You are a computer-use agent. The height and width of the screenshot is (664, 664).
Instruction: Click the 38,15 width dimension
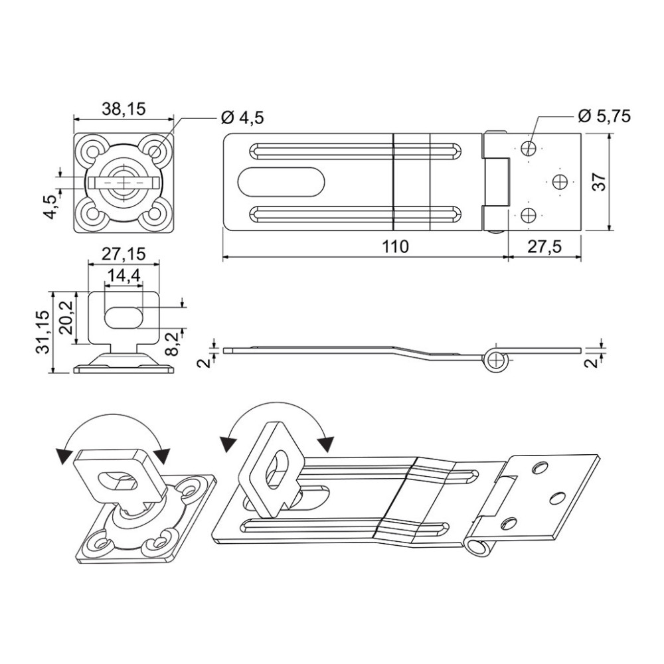(124, 110)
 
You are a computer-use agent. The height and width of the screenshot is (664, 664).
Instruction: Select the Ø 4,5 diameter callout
(242, 118)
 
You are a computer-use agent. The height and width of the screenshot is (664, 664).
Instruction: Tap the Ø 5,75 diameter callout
(604, 116)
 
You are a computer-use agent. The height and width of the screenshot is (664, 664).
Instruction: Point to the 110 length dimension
(395, 246)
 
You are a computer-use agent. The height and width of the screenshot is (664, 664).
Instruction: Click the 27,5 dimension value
(544, 246)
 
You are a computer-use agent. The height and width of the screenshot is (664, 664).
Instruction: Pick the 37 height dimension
(600, 182)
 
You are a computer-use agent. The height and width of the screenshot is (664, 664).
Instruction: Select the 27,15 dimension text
(124, 254)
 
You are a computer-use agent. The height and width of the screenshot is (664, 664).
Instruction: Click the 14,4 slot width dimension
(124, 276)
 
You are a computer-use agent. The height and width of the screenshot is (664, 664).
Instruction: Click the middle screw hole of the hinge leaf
(560, 182)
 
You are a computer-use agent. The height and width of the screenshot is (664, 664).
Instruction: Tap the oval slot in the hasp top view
(281, 182)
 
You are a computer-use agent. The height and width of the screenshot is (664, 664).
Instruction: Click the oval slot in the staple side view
(123, 317)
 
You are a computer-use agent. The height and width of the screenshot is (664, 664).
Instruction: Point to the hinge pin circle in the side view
(495, 360)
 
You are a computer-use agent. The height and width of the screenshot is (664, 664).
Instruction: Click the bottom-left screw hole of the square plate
(90, 213)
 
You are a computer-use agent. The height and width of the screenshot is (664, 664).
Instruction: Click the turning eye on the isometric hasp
(271, 469)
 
